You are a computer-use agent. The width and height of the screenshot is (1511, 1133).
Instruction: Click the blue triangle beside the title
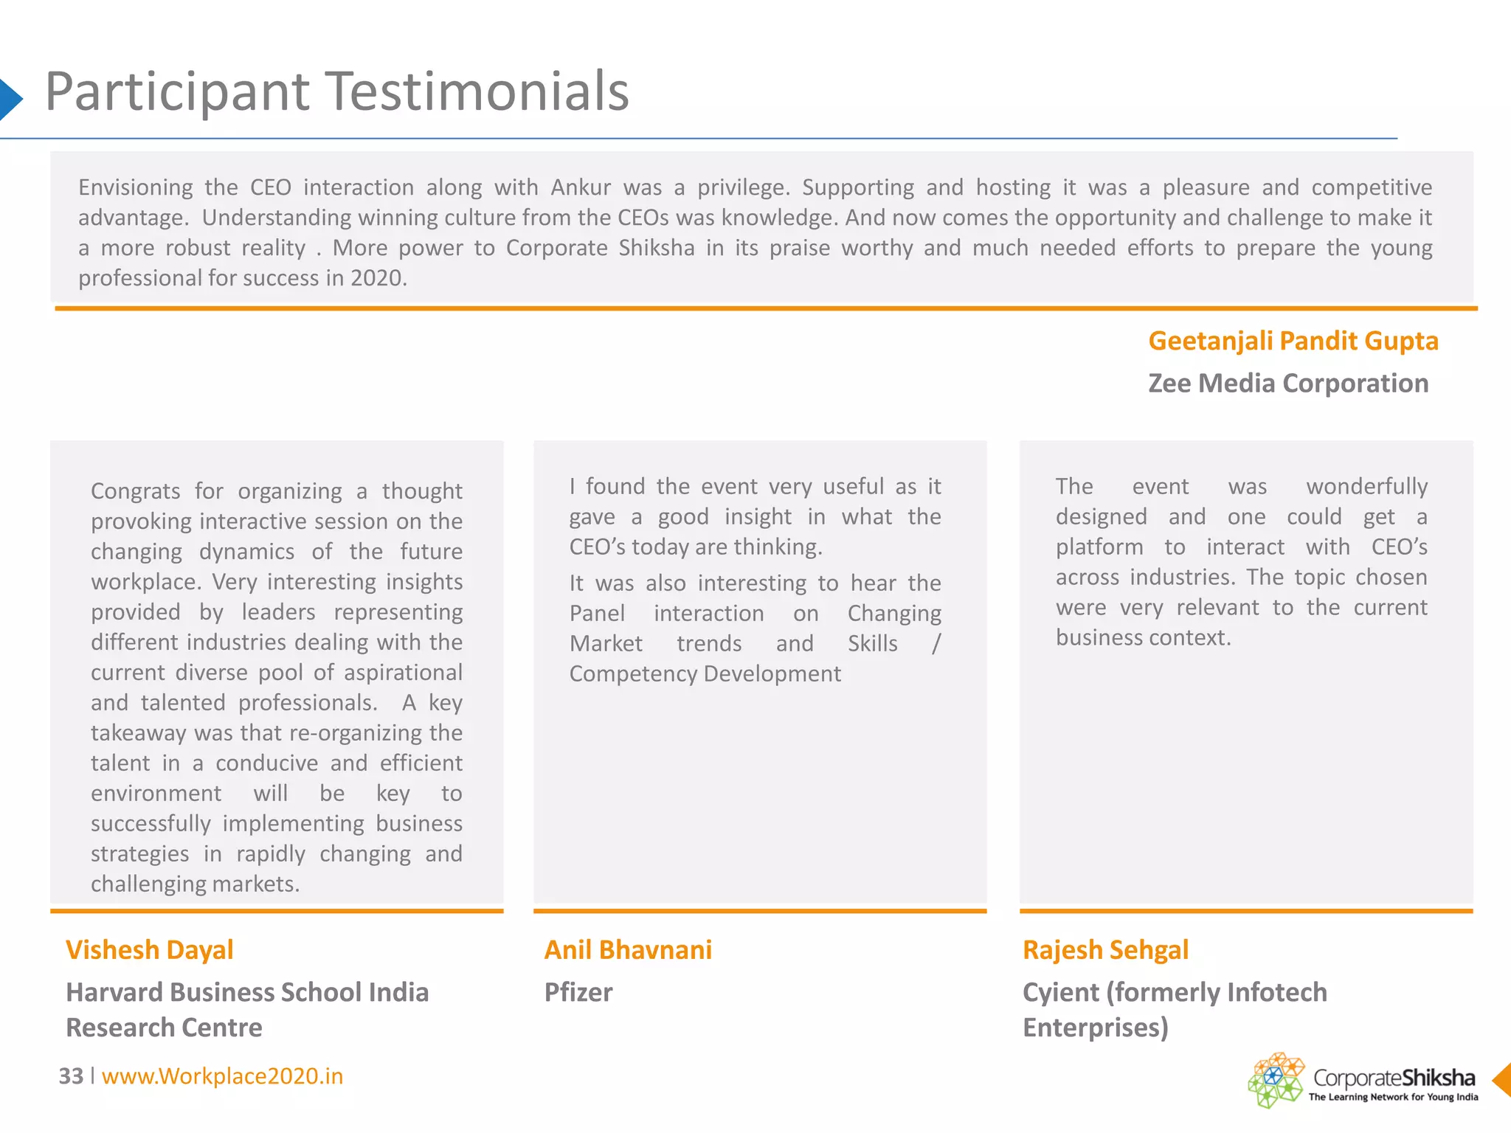tap(10, 99)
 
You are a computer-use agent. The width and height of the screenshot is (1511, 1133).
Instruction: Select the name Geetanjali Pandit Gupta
tap(1293, 341)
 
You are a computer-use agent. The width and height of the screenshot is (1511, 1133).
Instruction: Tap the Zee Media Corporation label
tap(1287, 384)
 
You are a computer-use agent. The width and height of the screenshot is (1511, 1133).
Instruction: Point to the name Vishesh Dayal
tap(149, 950)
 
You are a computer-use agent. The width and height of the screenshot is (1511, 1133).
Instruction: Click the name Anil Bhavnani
tap(628, 950)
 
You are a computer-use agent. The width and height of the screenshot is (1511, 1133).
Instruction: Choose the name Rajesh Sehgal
tap(1105, 950)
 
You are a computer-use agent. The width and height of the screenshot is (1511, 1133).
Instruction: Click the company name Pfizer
tap(578, 993)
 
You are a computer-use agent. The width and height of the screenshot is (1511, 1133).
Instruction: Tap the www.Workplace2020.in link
tap(222, 1076)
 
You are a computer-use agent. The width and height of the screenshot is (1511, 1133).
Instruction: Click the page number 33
tap(71, 1076)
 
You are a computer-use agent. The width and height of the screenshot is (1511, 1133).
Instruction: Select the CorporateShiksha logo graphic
tap(1276, 1079)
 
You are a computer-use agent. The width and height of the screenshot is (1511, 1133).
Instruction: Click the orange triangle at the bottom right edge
tap(1502, 1080)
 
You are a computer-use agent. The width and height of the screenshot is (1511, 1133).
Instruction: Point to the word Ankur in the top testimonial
tap(581, 187)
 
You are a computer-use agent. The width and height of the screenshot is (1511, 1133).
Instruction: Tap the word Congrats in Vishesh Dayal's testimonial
tap(136, 491)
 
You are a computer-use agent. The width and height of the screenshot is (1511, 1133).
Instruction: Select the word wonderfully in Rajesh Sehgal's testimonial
tap(1366, 487)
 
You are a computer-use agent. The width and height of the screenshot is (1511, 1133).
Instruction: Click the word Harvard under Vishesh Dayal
tap(114, 993)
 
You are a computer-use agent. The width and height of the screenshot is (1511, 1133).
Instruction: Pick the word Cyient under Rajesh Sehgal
tap(1060, 993)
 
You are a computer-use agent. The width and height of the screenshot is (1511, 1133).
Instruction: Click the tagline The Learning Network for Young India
tap(1393, 1098)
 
